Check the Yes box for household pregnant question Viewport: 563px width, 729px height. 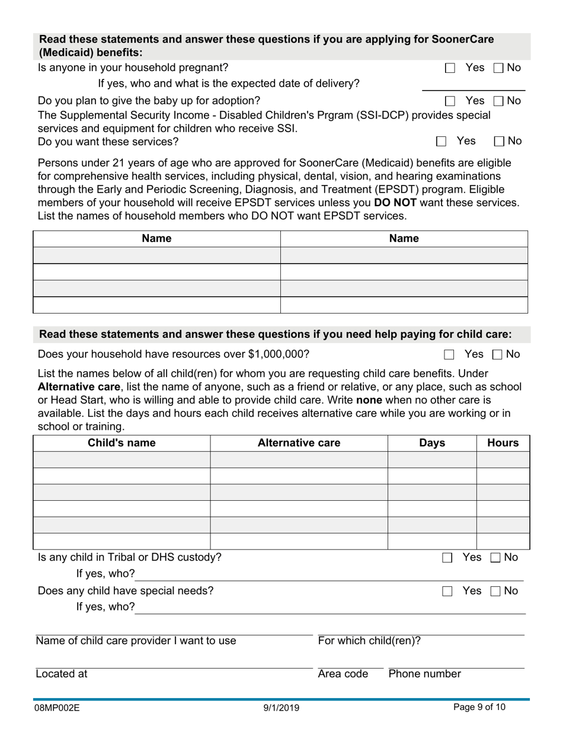(x=450, y=68)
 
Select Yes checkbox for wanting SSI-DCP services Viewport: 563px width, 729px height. (x=441, y=141)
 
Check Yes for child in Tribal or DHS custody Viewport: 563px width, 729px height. (x=447, y=558)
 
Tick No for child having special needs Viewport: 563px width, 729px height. (x=496, y=591)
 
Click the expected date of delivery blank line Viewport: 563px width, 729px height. (x=472, y=87)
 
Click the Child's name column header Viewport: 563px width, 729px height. (x=121, y=443)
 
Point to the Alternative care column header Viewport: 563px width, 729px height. (x=299, y=443)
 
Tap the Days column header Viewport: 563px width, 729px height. (x=431, y=443)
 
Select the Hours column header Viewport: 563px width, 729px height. (x=503, y=443)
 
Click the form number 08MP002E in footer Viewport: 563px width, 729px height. (x=57, y=708)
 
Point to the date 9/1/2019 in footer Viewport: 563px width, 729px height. (x=281, y=708)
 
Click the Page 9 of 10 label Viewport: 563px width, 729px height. (x=479, y=706)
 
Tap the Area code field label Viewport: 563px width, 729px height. (x=343, y=674)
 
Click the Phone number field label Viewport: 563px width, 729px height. (x=424, y=674)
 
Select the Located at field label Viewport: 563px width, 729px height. (x=62, y=674)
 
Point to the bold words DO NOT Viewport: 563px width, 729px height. (x=395, y=202)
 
